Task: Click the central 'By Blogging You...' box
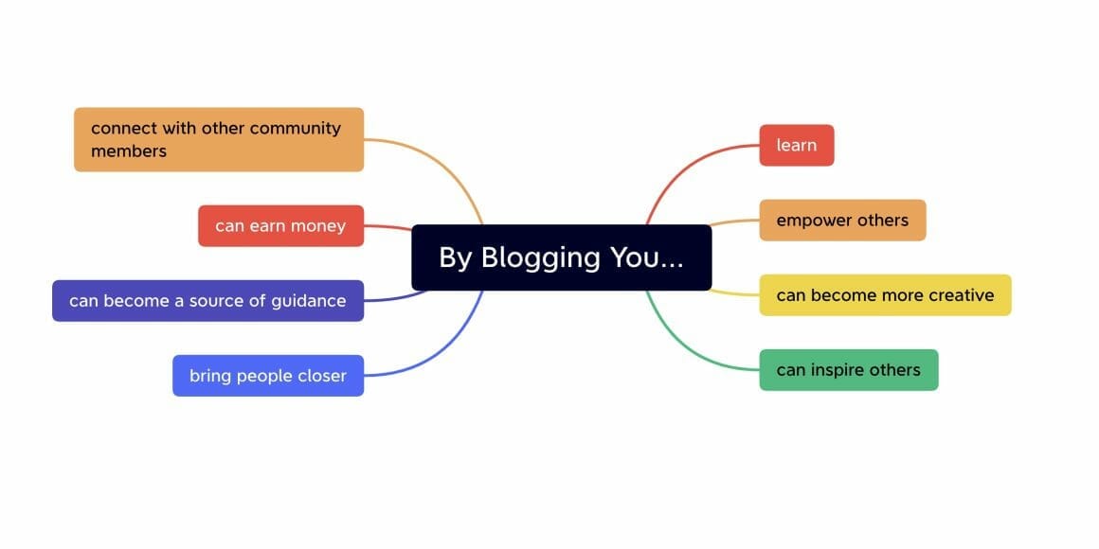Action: coord(561,257)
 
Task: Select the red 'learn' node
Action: coord(796,145)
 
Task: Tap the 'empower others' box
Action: coord(842,221)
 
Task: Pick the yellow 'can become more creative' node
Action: coord(885,295)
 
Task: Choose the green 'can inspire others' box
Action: coord(848,370)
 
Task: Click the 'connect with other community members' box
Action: coord(219,139)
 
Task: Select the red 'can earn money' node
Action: coord(280,226)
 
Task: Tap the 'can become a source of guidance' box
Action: coord(207,301)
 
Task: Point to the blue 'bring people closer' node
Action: coord(268,376)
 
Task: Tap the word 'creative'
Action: coord(961,295)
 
